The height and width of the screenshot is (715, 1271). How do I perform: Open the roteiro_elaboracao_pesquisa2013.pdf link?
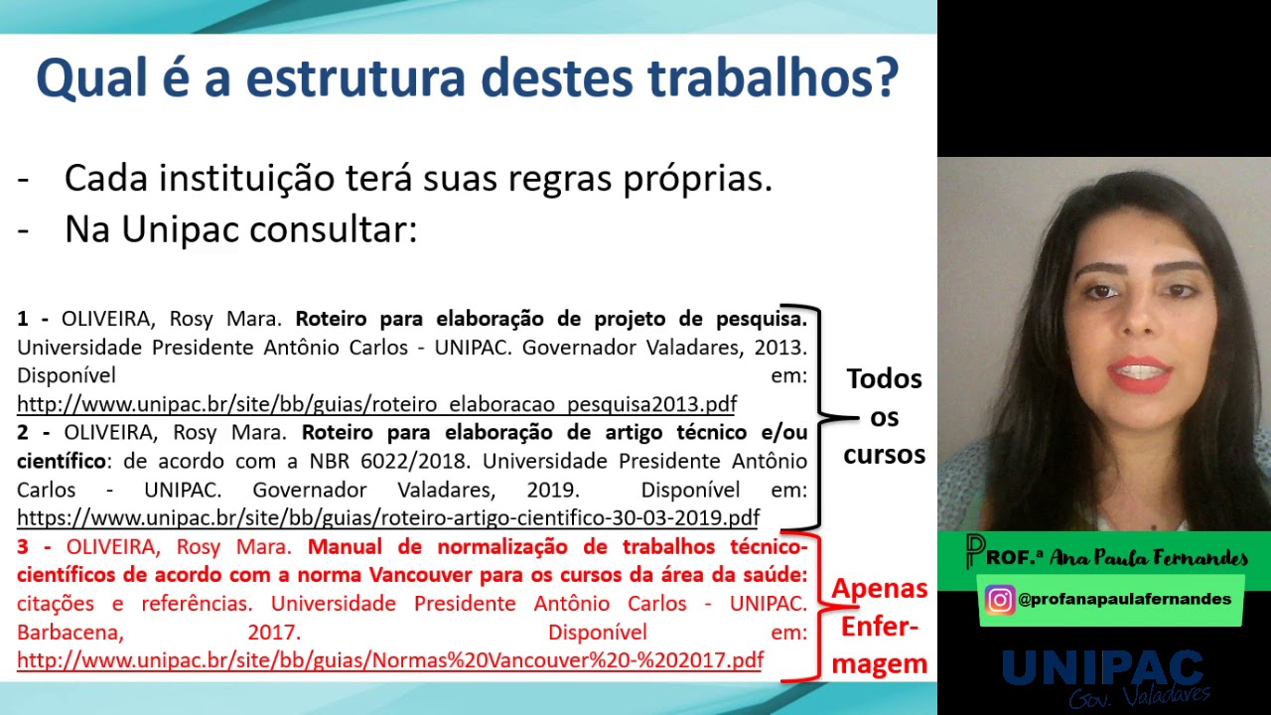(x=376, y=404)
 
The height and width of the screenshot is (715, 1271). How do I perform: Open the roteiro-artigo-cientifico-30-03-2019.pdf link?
(x=388, y=517)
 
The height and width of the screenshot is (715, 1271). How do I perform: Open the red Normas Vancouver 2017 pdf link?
(x=389, y=660)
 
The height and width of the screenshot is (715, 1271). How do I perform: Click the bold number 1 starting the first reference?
(x=23, y=320)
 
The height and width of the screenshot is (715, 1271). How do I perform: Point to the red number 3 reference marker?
(x=23, y=547)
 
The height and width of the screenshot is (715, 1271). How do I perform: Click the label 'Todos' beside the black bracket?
(x=884, y=378)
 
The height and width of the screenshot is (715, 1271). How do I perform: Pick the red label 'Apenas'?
(x=880, y=588)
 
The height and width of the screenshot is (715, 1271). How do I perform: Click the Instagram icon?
(x=999, y=600)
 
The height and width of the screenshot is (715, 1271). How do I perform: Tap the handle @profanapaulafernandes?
(x=1124, y=600)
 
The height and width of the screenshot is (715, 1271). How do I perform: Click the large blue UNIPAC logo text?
(x=1102, y=668)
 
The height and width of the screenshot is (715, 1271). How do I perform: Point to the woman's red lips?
(x=1139, y=373)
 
